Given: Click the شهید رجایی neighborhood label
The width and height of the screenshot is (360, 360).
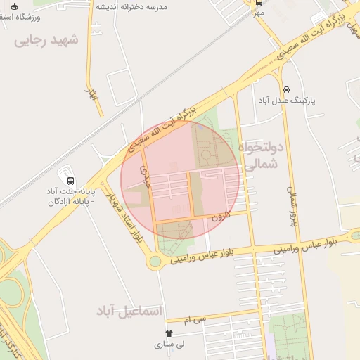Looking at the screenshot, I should [x=46, y=41].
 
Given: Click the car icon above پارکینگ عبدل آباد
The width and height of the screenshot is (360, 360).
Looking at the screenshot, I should [x=286, y=89].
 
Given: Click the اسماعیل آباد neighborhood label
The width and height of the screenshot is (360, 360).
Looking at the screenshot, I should [x=130, y=310].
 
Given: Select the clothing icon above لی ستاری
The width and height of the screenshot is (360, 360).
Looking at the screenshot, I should [x=168, y=333].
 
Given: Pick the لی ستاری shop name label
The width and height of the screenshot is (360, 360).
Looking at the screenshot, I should [x=169, y=345].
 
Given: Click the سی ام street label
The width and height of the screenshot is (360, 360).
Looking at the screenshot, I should [x=195, y=319].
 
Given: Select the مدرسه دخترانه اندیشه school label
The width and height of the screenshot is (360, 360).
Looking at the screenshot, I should [x=141, y=6].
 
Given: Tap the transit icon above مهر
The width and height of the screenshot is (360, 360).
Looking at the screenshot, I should [x=259, y=3].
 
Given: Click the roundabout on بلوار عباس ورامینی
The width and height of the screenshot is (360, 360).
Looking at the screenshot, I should [x=155, y=262].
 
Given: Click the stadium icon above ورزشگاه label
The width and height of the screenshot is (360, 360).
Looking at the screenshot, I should [x=13, y=6].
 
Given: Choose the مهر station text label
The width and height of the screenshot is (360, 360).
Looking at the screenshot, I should [x=259, y=13].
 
